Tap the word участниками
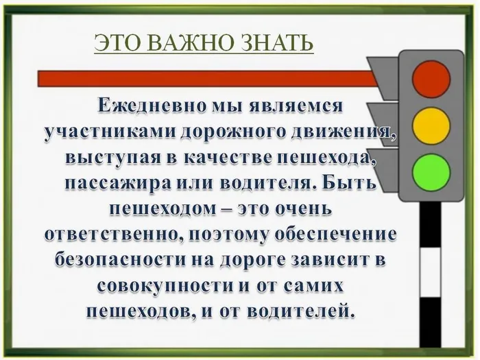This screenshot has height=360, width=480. [x=102, y=132]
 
